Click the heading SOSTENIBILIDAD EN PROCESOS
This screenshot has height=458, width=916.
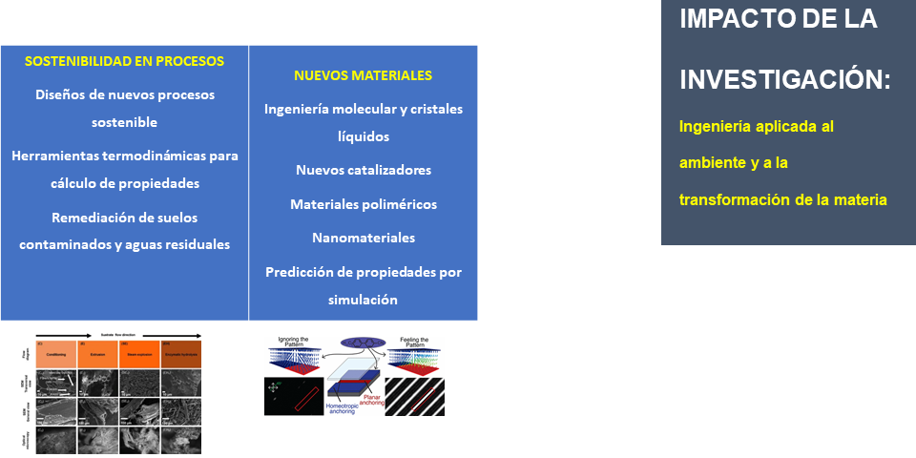[124, 61]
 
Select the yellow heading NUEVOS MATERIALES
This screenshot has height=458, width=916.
[363, 75]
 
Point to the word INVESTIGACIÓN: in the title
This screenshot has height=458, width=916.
[784, 80]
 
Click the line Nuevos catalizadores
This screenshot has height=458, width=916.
[364, 170]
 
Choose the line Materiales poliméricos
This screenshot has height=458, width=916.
[364, 204]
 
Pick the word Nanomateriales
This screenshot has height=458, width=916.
[364, 238]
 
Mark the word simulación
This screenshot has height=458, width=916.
[364, 300]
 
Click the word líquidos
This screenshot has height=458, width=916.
[364, 136]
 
